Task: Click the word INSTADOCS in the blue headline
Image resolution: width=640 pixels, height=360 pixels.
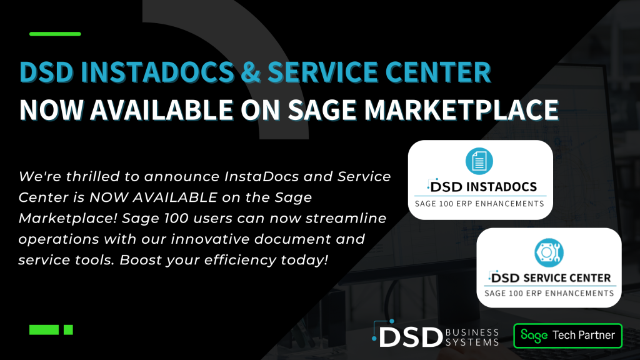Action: point(157,72)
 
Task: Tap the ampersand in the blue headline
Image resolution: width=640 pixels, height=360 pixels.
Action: point(251,72)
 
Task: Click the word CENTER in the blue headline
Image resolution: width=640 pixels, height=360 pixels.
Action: point(438,72)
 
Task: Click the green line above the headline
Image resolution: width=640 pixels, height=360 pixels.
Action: point(55,34)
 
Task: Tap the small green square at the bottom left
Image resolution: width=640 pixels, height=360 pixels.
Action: point(68,330)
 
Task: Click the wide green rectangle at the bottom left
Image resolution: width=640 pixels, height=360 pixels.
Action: point(44,330)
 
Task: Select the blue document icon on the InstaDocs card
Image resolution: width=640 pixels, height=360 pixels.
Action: point(479,161)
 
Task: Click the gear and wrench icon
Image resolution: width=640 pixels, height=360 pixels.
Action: point(549,252)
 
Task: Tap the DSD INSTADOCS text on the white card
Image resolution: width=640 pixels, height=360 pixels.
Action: point(482,186)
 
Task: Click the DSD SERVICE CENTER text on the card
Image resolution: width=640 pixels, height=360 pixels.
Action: point(550,277)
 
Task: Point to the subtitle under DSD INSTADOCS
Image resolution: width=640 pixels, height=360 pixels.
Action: point(479,204)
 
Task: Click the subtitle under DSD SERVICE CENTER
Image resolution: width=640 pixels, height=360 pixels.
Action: point(549,293)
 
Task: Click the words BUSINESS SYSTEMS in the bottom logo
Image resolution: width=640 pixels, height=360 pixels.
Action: point(472,337)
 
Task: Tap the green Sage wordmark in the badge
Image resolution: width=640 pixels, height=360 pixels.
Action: point(534,336)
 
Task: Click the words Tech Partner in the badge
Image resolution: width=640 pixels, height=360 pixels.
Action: point(584,335)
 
